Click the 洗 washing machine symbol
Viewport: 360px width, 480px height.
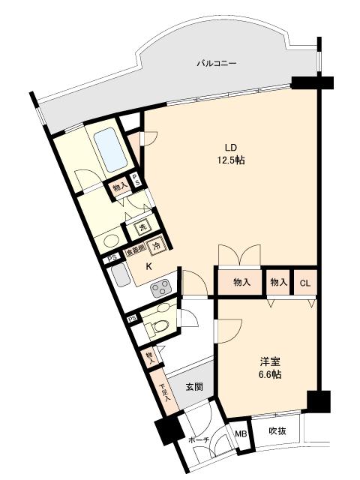(140, 229)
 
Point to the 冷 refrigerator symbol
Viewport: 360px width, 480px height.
(156, 245)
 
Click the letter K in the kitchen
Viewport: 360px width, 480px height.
(148, 266)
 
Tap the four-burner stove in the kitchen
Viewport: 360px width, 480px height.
(161, 287)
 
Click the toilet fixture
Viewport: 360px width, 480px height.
(155, 326)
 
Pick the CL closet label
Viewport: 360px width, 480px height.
(304, 283)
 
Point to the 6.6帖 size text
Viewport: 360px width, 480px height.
(270, 373)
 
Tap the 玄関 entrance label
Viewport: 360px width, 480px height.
(194, 387)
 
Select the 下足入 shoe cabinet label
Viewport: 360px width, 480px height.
(163, 391)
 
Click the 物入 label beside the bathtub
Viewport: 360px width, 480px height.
(118, 188)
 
